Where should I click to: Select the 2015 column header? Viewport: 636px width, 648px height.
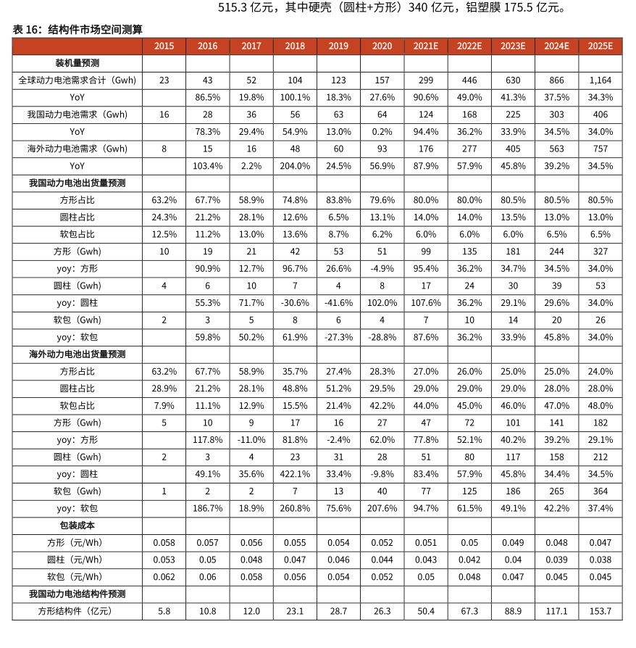tap(164, 46)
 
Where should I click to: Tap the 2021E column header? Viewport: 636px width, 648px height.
tap(426, 46)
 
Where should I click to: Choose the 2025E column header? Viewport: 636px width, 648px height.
tap(601, 46)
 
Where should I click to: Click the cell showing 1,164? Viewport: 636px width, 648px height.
tap(601, 80)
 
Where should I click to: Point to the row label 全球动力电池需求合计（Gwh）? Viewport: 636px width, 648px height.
tap(77, 80)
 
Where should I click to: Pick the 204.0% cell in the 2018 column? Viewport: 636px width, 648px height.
tap(295, 165)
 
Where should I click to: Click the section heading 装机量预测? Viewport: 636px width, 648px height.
tap(77, 62)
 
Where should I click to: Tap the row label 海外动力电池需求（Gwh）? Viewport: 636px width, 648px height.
tap(77, 149)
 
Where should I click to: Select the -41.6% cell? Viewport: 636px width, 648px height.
tap(338, 302)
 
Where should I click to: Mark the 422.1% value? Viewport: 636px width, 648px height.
tap(295, 474)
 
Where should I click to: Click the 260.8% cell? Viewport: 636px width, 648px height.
tap(295, 508)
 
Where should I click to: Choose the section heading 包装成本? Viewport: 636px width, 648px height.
tap(77, 525)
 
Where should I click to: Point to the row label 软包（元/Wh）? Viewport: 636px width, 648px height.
tap(77, 577)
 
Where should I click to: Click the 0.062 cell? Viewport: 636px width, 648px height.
tap(164, 577)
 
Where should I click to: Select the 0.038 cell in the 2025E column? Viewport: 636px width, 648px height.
tap(601, 560)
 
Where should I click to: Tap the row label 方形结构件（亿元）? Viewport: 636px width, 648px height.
tap(77, 611)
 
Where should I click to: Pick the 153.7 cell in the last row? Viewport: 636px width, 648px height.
tap(601, 611)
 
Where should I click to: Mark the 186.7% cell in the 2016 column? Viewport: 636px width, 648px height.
tap(207, 508)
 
